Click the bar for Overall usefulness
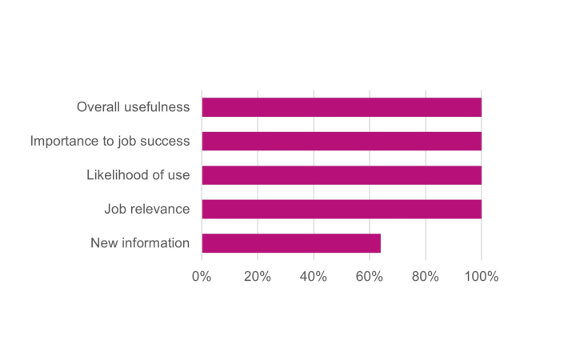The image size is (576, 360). [342, 107]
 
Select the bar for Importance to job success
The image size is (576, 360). [342, 141]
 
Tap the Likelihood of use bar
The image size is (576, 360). [342, 175]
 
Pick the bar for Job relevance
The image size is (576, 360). [342, 209]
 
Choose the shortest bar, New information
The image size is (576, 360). [291, 243]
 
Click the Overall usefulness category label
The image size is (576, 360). [133, 107]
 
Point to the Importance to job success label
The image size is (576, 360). [110, 141]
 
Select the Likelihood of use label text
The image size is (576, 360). [138, 175]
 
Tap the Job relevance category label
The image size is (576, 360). [146, 209]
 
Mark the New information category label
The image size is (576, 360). [140, 243]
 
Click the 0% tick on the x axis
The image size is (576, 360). [202, 277]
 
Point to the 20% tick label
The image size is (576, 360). [258, 277]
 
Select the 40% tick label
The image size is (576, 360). [314, 277]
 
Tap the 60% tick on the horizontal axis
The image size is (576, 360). [370, 277]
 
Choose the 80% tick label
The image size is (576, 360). [426, 277]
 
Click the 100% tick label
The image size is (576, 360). [481, 277]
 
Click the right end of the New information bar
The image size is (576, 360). [379, 243]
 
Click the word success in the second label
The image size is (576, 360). [165, 141]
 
